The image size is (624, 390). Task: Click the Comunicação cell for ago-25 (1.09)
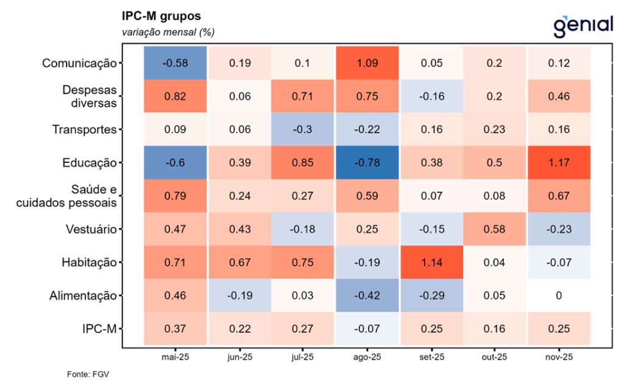[367, 63]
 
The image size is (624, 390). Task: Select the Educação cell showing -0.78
[367, 163]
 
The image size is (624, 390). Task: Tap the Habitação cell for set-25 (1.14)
[430, 263]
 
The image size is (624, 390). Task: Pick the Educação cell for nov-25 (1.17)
[559, 163]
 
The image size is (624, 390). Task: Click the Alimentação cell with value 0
[559, 296]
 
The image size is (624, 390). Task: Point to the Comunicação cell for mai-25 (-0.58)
[175, 63]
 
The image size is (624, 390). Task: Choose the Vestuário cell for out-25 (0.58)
[494, 229]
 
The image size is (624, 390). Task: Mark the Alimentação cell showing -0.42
[367, 296]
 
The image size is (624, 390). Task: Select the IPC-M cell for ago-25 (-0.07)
[367, 329]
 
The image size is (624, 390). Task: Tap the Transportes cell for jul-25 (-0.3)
[303, 129]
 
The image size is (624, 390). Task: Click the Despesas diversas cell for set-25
[430, 96]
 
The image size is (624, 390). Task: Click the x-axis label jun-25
[239, 356]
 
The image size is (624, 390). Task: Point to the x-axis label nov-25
[559, 356]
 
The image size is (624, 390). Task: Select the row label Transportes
[84, 129]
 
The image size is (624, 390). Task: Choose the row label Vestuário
[91, 229]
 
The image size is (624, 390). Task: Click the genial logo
[583, 26]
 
